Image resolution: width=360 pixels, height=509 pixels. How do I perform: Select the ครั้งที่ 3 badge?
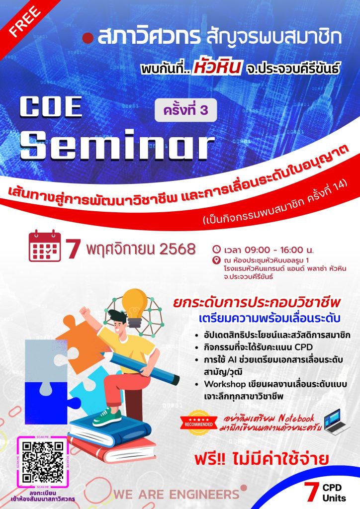[x=185, y=110]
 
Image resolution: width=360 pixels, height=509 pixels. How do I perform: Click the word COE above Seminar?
[x=51, y=107]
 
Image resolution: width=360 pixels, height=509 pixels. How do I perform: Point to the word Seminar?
[x=117, y=145]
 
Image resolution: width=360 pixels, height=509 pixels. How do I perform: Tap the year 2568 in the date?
[x=178, y=250]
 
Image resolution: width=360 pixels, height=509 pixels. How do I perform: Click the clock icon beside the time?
[x=216, y=250]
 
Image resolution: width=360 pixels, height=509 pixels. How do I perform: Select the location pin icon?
[x=216, y=260]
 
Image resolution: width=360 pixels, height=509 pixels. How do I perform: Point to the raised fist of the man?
[x=85, y=312]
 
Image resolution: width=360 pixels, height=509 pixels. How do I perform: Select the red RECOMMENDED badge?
[x=199, y=422]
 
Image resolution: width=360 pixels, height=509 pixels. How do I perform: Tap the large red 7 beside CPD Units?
[x=311, y=492]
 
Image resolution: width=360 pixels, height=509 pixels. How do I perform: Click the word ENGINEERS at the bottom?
[x=205, y=495]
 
